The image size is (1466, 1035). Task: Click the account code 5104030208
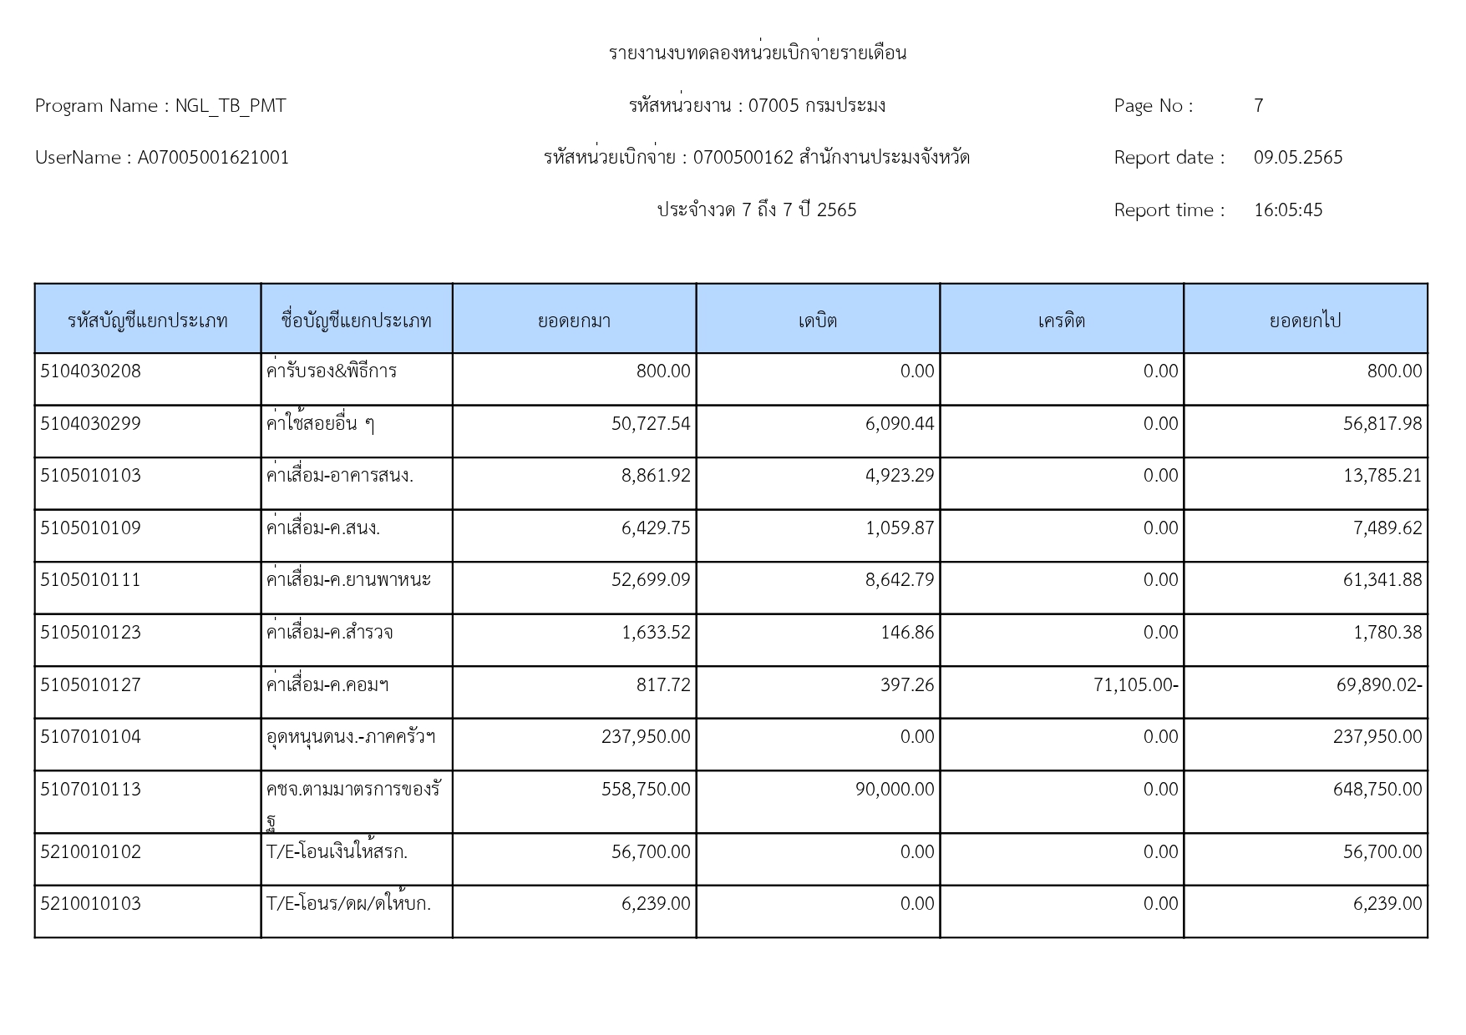tap(90, 371)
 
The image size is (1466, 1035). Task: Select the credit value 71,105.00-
tap(1135, 685)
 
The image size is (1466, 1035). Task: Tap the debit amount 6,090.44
tap(899, 424)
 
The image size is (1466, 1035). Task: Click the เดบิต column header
tap(817, 321)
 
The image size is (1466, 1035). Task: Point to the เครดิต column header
tap(1061, 321)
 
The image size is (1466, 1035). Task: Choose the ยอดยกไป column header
tap(1305, 321)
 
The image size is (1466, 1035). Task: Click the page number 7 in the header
tap(1258, 106)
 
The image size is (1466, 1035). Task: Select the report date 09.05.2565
tap(1297, 158)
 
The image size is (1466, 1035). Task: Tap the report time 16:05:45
tap(1287, 210)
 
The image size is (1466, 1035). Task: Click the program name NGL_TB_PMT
tap(230, 106)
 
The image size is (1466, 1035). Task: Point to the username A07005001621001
tap(213, 158)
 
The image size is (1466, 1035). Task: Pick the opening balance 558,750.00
tap(646, 790)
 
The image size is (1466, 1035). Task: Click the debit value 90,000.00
tap(894, 790)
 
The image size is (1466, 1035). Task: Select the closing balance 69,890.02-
tap(1378, 685)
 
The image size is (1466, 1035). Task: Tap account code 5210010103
tap(90, 904)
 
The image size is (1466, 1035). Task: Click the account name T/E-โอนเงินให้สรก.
tap(337, 851)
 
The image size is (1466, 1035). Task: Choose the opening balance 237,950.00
tap(646, 737)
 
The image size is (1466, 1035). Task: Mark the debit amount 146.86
tap(907, 633)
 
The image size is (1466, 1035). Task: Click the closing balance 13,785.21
tap(1382, 476)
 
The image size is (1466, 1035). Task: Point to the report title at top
tap(757, 53)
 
